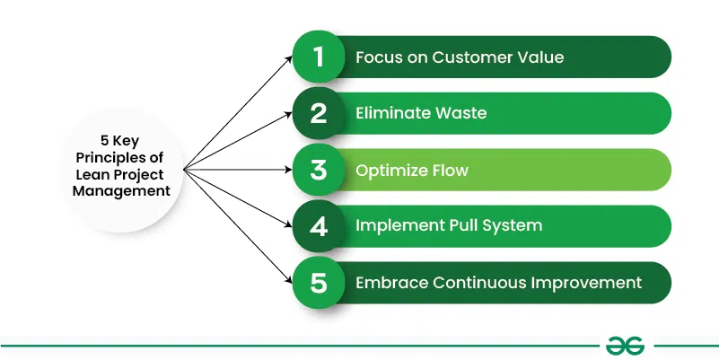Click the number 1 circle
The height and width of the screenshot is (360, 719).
317,57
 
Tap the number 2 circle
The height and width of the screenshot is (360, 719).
317,114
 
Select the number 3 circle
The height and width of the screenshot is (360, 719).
317,170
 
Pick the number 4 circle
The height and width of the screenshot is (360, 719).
317,226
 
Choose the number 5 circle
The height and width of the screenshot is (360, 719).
317,282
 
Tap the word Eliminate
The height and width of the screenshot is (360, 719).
390,114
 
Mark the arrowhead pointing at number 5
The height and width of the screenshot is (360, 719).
290,281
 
